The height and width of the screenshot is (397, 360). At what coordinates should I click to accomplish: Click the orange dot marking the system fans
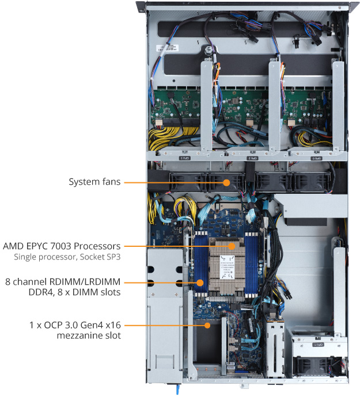coord(226,182)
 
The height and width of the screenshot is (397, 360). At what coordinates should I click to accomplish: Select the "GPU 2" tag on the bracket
coord(251,157)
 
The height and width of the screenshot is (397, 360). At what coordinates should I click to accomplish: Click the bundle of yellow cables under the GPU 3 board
coord(166,138)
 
